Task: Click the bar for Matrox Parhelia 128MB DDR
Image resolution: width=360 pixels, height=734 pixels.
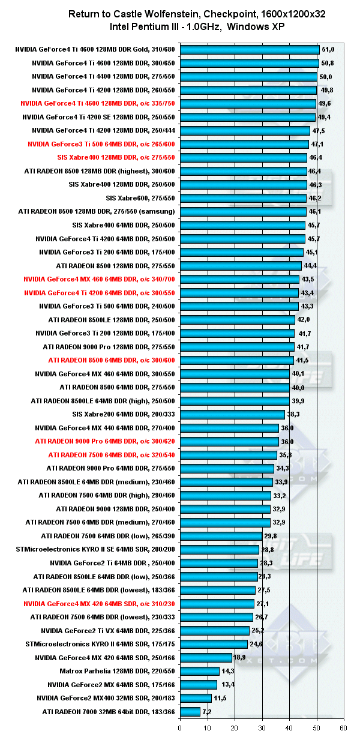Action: (x=199, y=671)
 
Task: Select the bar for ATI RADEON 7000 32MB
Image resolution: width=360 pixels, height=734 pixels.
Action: (x=190, y=712)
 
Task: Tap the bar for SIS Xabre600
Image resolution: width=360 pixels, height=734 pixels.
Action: (x=243, y=198)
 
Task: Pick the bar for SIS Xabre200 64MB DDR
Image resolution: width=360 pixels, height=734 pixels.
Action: (x=232, y=414)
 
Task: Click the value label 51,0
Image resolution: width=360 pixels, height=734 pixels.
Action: (x=328, y=50)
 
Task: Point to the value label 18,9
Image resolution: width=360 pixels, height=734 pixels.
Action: (x=239, y=658)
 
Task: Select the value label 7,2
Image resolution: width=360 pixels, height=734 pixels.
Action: (x=208, y=712)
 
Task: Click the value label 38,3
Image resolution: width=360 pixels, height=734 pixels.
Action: (x=293, y=414)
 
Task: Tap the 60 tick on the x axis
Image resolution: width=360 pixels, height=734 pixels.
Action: (x=344, y=727)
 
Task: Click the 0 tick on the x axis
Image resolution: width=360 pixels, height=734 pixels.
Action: (x=180, y=727)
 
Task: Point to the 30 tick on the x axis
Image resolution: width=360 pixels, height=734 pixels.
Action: (x=262, y=727)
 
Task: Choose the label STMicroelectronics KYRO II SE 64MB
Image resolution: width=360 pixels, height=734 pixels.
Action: (x=98, y=550)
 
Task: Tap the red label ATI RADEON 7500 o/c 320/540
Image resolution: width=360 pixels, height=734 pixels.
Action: (x=111, y=455)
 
